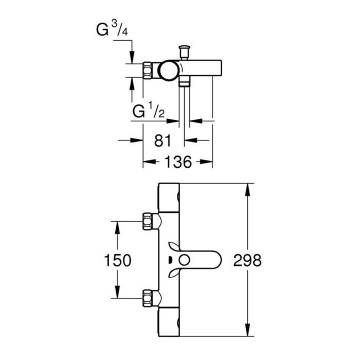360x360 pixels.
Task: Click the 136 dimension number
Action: (178, 162)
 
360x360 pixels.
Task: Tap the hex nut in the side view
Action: (148, 69)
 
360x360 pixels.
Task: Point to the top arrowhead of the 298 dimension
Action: (248, 188)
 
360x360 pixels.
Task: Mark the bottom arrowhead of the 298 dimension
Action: (248, 332)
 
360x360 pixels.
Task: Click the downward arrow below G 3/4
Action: (132, 58)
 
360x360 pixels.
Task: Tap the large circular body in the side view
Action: (168, 70)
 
